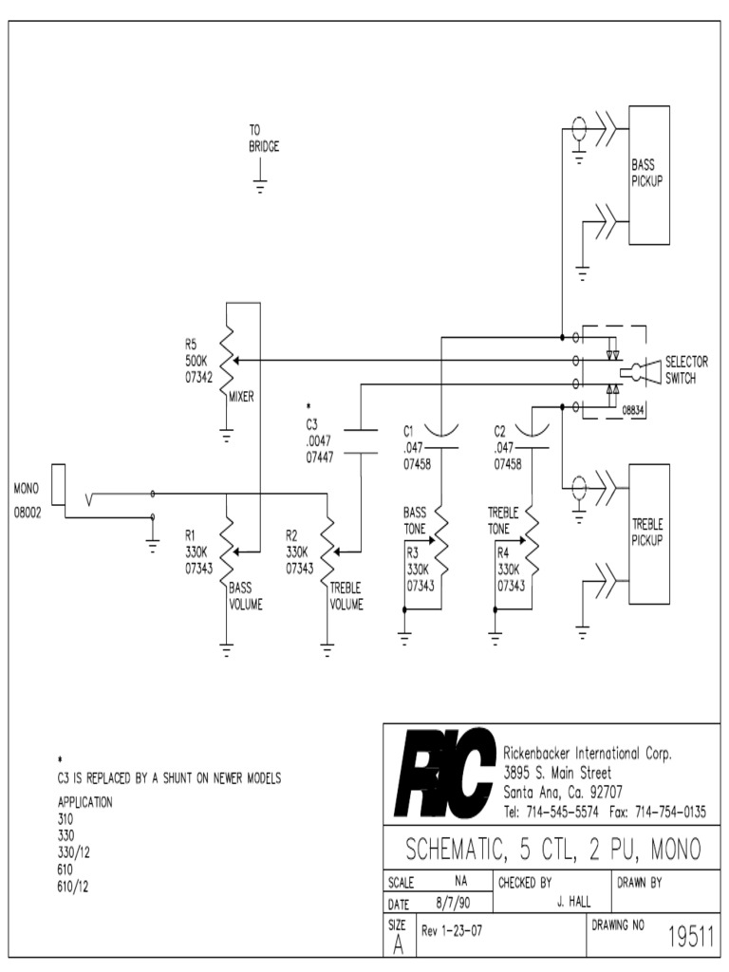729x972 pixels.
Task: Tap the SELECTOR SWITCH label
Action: (x=685, y=369)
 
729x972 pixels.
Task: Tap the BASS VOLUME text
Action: (x=246, y=596)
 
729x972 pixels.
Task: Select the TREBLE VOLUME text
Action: (x=346, y=596)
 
